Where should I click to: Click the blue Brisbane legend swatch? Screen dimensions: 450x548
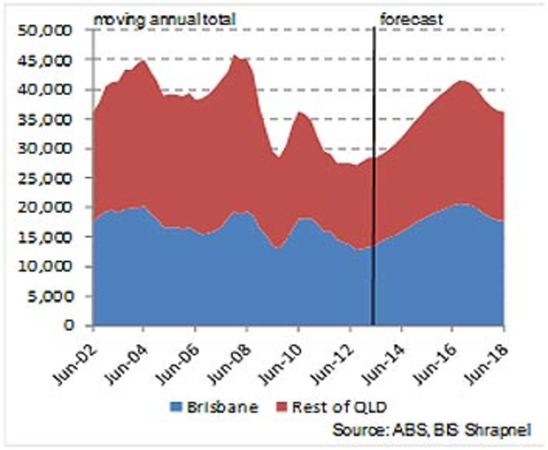click(177, 408)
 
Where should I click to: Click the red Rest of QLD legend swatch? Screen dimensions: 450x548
click(282, 408)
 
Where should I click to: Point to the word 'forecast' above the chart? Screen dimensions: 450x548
click(411, 20)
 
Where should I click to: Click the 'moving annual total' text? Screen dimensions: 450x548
click(165, 20)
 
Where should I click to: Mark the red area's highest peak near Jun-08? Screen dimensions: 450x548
click(235, 56)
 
